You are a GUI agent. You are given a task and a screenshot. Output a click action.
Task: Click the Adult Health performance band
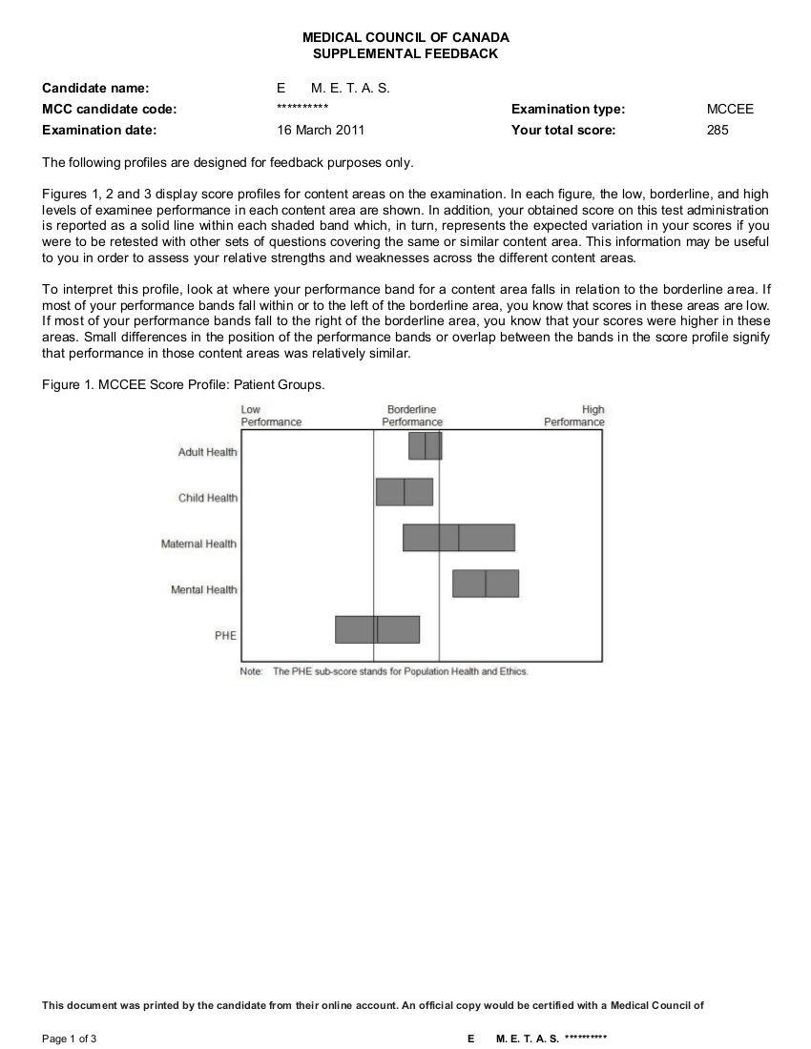pyautogui.click(x=426, y=445)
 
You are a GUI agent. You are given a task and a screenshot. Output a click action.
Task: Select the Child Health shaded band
pyautogui.click(x=405, y=492)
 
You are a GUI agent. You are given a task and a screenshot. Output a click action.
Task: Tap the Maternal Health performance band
pyautogui.click(x=459, y=538)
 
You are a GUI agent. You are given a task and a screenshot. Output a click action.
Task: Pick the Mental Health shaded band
pyautogui.click(x=486, y=584)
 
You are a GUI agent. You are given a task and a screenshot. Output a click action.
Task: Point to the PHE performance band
pyautogui.click(x=377, y=629)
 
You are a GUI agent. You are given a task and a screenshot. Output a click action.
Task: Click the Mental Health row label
pyautogui.click(x=204, y=590)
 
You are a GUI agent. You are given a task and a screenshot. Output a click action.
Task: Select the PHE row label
pyautogui.click(x=225, y=636)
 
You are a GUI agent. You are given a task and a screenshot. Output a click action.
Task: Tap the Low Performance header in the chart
pyautogui.click(x=271, y=416)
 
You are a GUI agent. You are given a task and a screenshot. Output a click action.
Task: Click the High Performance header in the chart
pyautogui.click(x=574, y=416)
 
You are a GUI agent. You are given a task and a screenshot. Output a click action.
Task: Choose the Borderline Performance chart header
pyautogui.click(x=412, y=416)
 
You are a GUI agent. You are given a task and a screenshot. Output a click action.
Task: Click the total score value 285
pyautogui.click(x=717, y=130)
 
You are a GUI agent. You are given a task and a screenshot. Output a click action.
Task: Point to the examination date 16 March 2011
pyautogui.click(x=321, y=130)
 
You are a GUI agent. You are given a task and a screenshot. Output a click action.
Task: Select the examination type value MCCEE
pyautogui.click(x=730, y=109)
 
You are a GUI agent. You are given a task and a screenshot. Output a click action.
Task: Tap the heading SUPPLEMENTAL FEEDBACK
pyautogui.click(x=405, y=54)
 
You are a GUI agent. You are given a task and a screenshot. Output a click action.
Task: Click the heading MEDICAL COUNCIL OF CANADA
pyautogui.click(x=405, y=37)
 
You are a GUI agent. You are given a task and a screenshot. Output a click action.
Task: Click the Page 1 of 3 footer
pyautogui.click(x=70, y=1039)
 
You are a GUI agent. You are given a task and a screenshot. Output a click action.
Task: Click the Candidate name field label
pyautogui.click(x=95, y=88)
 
